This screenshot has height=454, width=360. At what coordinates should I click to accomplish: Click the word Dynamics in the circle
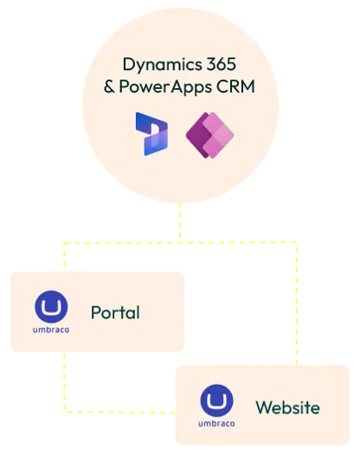(162, 65)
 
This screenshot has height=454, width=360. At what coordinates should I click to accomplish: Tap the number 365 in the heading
(222, 64)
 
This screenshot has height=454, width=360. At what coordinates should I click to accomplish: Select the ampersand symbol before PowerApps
(109, 86)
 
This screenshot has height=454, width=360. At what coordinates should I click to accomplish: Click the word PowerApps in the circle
(165, 87)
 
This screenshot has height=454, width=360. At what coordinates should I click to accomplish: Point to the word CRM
(235, 86)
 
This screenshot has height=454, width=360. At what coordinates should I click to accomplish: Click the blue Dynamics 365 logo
(151, 134)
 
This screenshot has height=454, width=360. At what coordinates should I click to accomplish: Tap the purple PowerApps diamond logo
(209, 135)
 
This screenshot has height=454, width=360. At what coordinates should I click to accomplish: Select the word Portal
(115, 312)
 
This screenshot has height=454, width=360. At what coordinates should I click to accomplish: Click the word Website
(288, 407)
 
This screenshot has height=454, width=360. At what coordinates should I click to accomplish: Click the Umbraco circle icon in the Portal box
(51, 307)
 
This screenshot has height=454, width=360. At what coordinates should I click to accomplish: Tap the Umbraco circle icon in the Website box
(217, 400)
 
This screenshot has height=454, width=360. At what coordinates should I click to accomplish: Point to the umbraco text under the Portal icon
(51, 329)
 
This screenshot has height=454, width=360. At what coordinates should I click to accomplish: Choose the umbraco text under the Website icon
(216, 424)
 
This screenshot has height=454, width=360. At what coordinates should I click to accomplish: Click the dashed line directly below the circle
(180, 222)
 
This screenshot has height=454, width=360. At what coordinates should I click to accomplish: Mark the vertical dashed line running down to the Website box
(297, 304)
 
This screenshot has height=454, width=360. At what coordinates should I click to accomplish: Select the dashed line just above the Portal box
(64, 257)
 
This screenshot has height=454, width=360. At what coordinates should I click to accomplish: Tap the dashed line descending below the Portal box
(64, 381)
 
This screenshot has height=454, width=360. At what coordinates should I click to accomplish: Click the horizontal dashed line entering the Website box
(119, 412)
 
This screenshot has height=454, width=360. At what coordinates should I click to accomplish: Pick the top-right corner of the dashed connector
(297, 242)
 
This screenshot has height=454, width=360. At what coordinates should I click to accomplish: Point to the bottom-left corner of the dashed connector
(64, 412)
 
